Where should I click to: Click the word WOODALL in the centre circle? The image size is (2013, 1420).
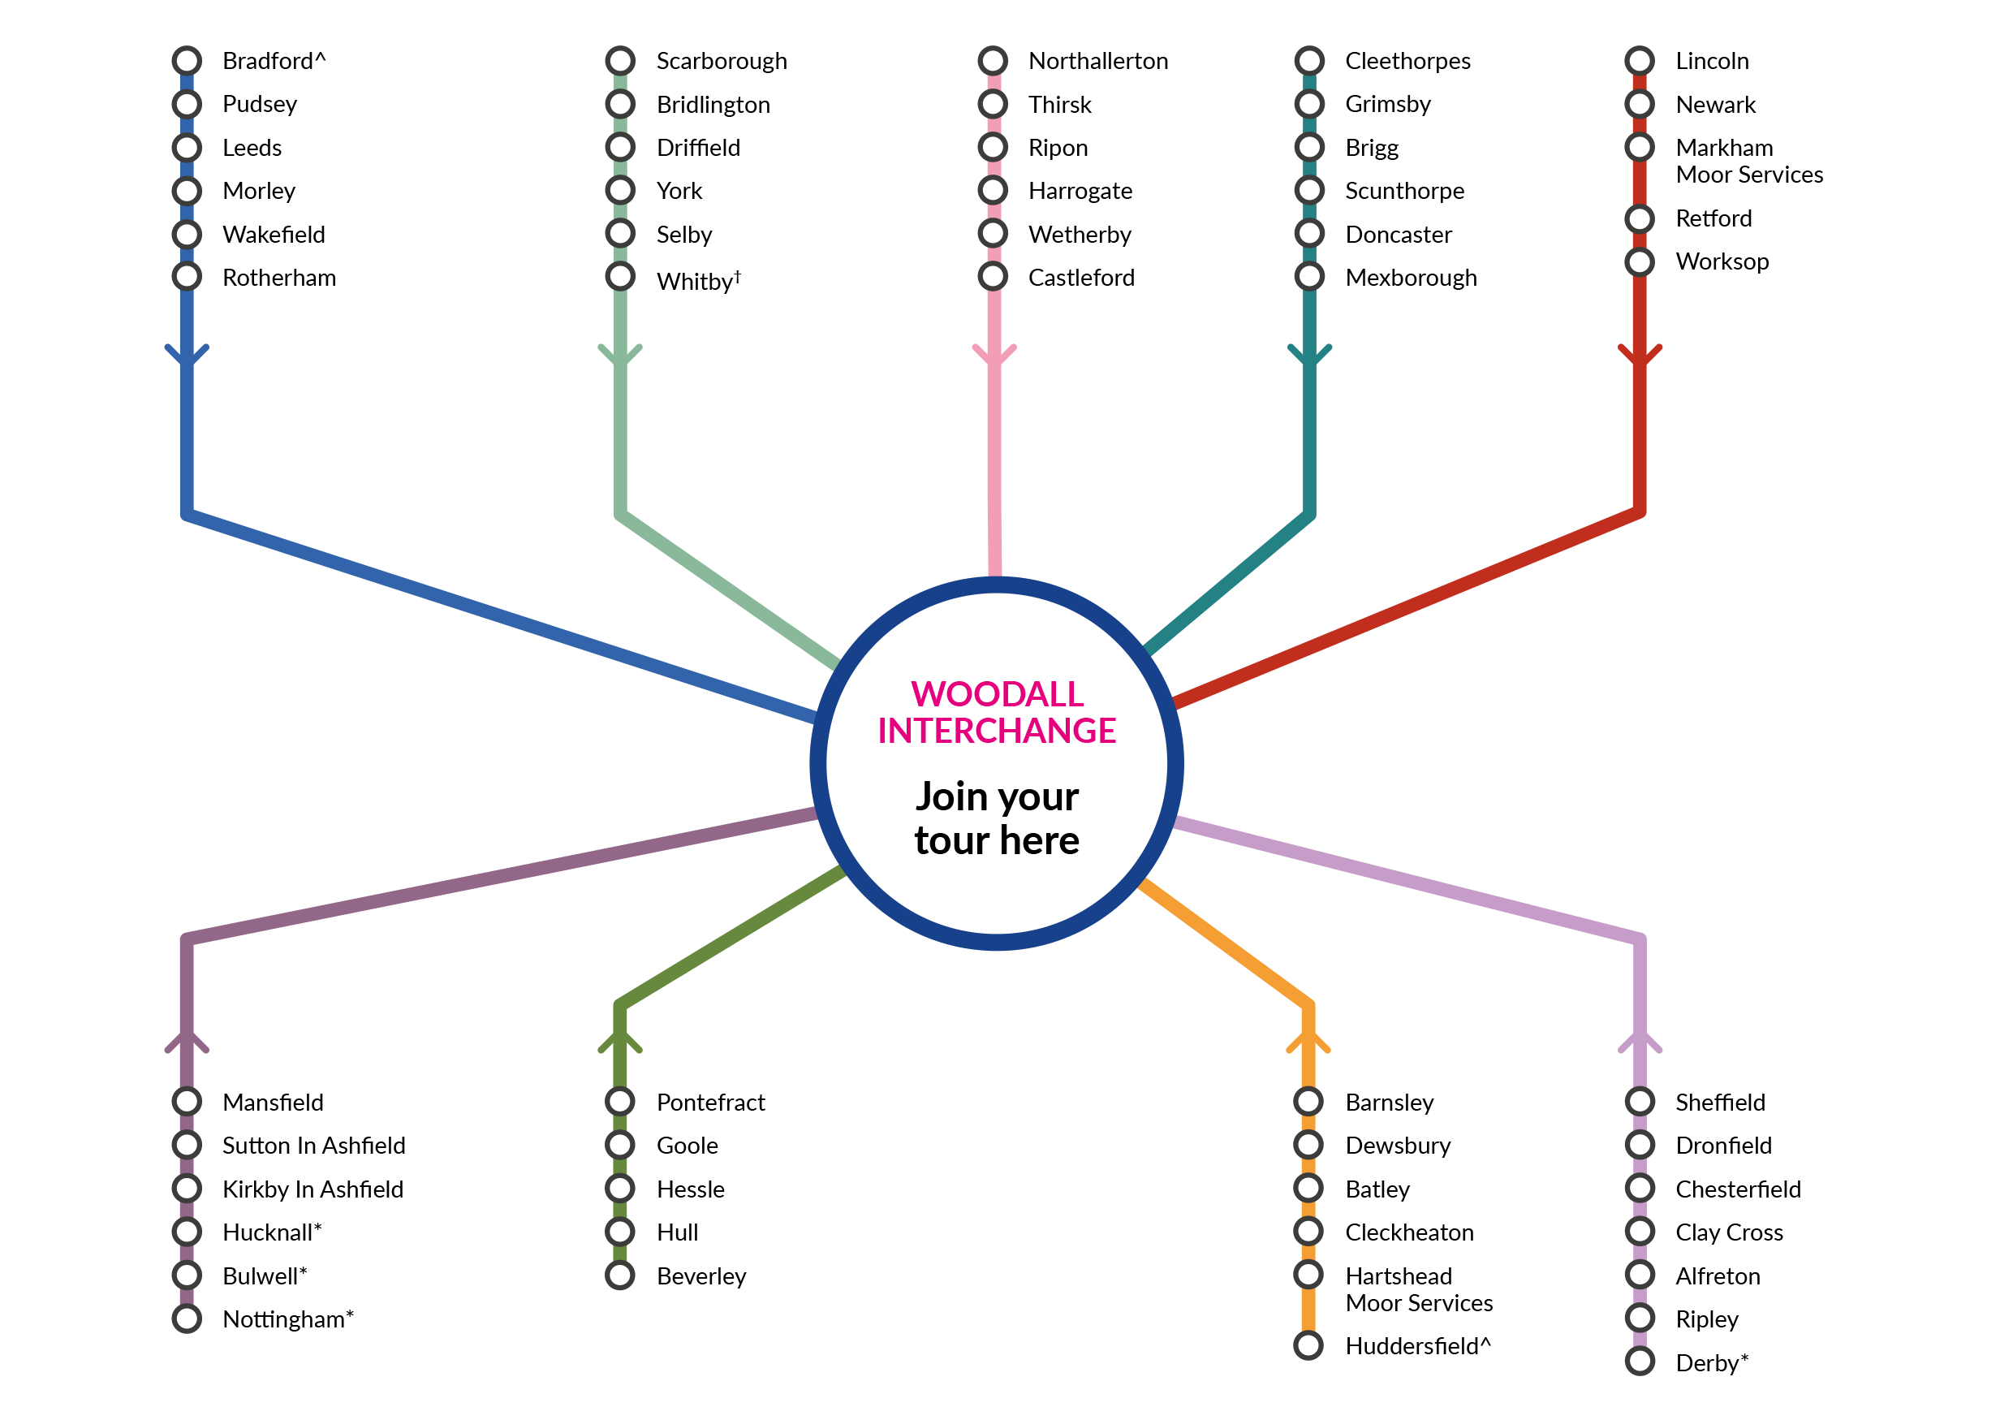(x=997, y=695)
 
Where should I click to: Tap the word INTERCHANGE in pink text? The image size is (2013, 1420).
(x=997, y=732)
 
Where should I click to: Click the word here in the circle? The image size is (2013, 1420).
(x=1039, y=841)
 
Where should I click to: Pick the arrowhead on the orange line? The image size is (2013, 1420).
(x=1308, y=1042)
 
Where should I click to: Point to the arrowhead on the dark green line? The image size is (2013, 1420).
(x=620, y=1042)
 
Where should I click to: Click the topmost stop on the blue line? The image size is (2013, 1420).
(x=187, y=61)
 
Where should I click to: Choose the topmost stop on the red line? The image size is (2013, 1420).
(x=1640, y=61)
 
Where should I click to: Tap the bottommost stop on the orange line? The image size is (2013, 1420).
(x=1308, y=1345)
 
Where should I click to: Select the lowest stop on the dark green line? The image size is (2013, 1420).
(x=620, y=1275)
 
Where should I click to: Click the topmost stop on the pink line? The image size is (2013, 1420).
(x=994, y=61)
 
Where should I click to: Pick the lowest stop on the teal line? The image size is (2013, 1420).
(x=1309, y=276)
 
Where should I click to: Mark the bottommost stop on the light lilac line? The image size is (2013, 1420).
(x=1640, y=1362)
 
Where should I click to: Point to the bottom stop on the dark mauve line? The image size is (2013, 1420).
(x=187, y=1319)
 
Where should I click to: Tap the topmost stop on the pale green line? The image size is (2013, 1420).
(x=620, y=61)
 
